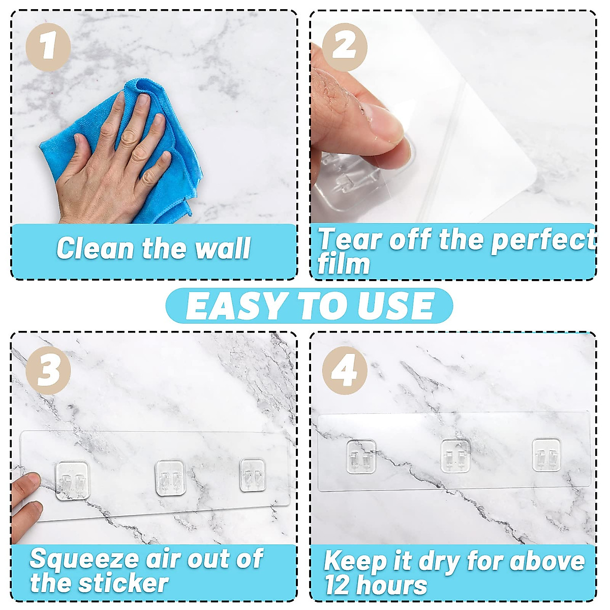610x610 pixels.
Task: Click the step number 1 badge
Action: click(x=48, y=47)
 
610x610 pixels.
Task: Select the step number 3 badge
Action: click(x=48, y=370)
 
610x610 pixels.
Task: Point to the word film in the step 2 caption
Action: click(x=343, y=264)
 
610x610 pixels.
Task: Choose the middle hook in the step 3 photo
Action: click(x=169, y=478)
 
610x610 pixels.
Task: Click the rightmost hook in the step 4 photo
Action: click(x=546, y=455)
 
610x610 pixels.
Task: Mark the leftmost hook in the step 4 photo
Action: click(x=361, y=456)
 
